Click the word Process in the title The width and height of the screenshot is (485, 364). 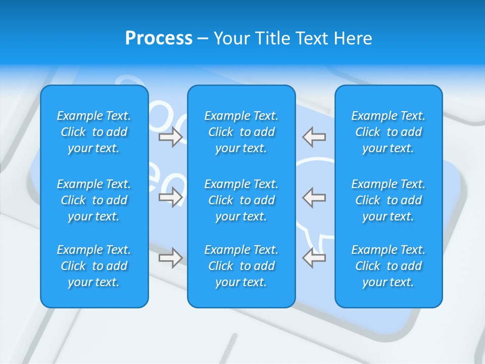click(159, 38)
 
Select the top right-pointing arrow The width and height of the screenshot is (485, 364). click(170, 137)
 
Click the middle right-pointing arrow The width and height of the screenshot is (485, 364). click(170, 197)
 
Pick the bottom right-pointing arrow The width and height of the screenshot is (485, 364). click(170, 258)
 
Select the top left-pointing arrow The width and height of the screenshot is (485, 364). click(314, 137)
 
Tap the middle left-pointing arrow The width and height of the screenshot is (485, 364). click(314, 197)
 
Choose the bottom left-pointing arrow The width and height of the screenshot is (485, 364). click(314, 258)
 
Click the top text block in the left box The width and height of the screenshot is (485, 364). click(94, 132)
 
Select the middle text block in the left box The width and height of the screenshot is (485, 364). click(94, 200)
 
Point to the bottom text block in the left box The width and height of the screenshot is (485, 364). click(94, 266)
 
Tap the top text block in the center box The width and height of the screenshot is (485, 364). click(241, 132)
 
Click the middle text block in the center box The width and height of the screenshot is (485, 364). click(241, 200)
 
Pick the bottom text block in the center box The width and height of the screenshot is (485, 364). click(241, 266)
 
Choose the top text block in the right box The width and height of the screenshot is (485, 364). click(389, 132)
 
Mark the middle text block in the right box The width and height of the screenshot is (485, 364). click(389, 200)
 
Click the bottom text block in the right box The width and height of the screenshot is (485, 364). click(389, 266)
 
